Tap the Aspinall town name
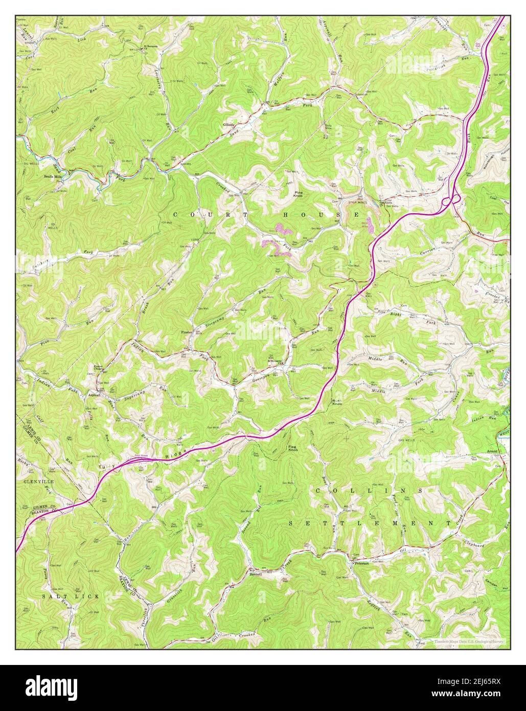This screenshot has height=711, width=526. [96, 395]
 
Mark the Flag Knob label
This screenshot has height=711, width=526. [293, 449]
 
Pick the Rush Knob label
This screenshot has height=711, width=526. [337, 402]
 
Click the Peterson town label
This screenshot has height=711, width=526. [361, 563]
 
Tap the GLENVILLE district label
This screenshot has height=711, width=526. [38, 482]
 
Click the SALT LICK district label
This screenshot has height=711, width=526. [63, 596]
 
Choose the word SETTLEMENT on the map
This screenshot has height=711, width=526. [370, 524]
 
